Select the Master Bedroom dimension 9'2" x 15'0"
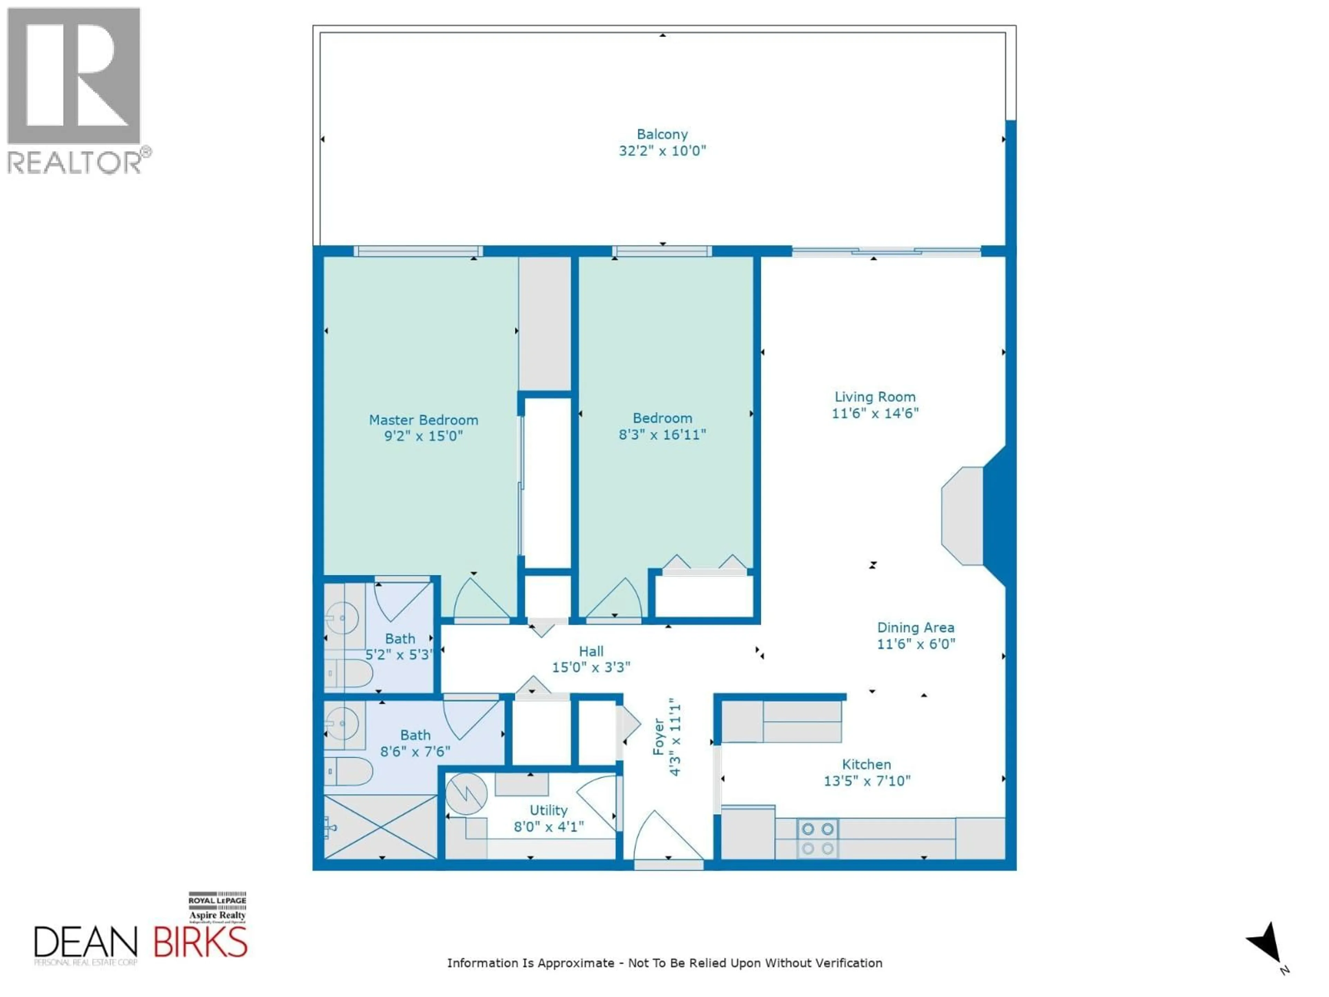424,436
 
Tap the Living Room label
875,397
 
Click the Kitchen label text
866,764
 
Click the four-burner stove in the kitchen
818,838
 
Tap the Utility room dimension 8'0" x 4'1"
549,827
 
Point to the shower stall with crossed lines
380,827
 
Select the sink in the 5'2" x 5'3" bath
343,618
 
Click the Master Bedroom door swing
479,601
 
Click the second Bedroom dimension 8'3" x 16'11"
662,434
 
